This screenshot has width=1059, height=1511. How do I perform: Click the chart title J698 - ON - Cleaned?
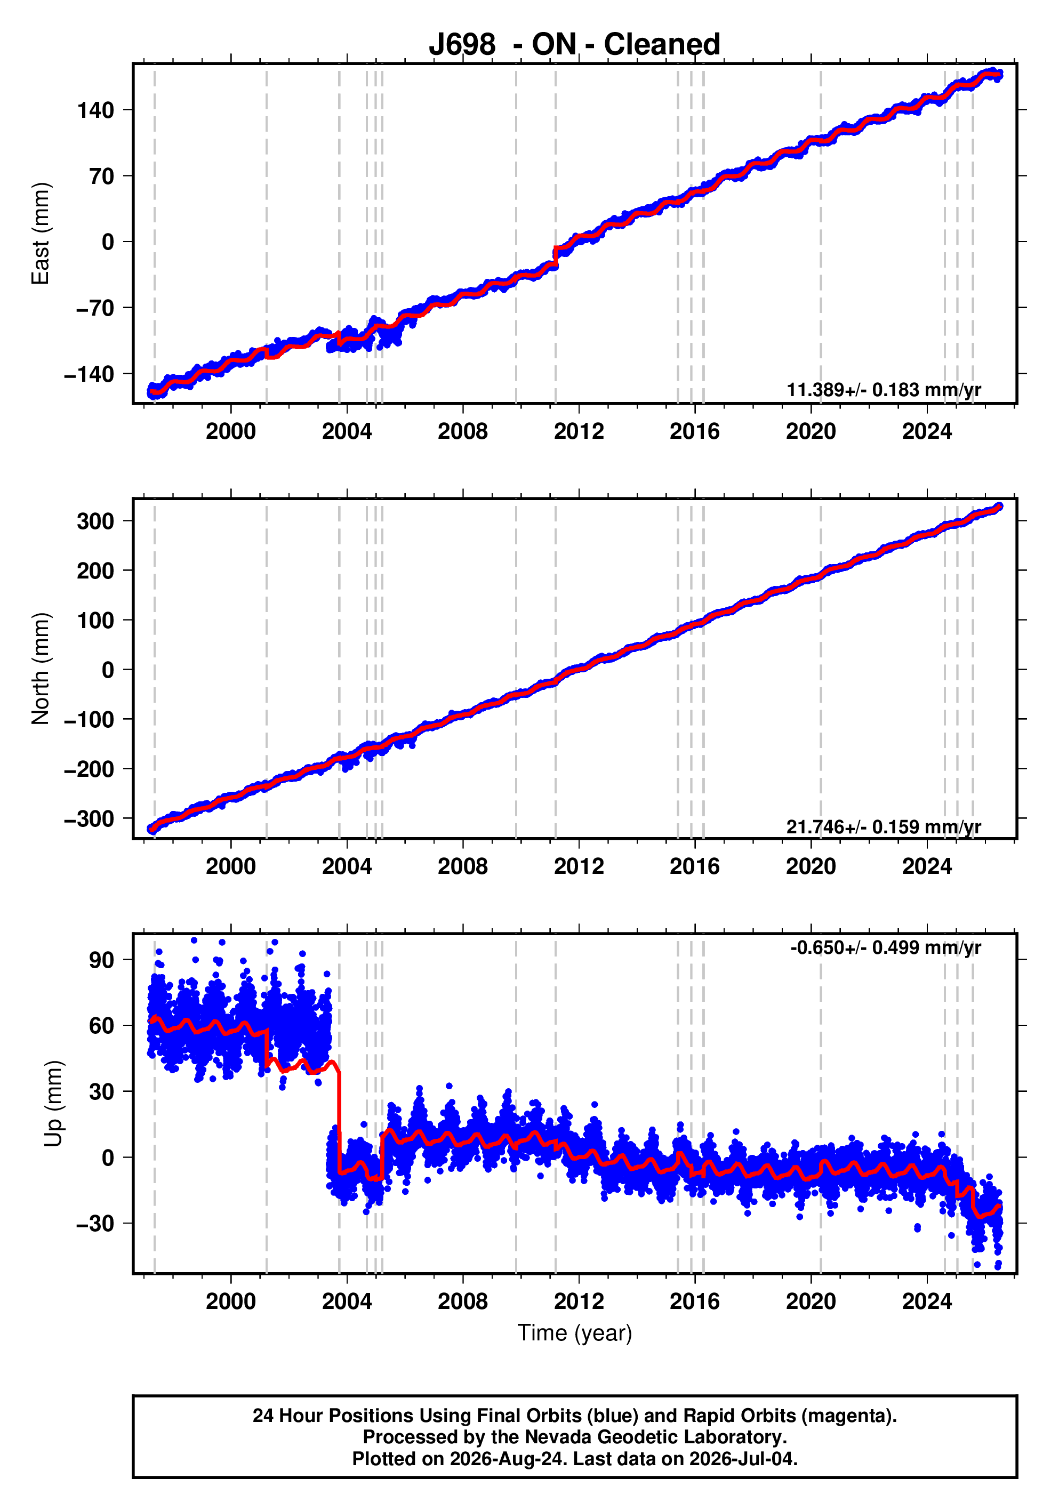(575, 45)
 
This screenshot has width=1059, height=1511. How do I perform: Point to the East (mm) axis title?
(40, 234)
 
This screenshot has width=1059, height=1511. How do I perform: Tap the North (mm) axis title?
(40, 669)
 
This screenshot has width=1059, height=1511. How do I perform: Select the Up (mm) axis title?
(53, 1104)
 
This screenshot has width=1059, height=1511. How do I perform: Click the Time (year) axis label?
(575, 1333)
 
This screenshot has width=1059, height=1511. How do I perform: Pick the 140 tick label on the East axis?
(95, 110)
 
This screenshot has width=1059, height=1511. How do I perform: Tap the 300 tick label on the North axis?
(95, 521)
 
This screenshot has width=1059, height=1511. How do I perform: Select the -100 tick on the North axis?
(89, 719)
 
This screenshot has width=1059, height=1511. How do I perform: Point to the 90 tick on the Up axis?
(102, 960)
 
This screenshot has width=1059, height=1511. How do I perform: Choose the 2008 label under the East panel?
(463, 432)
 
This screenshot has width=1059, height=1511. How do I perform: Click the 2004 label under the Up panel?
(347, 1301)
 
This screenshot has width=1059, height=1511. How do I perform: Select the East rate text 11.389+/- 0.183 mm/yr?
(884, 390)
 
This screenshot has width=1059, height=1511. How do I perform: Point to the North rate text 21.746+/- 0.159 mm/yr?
(884, 826)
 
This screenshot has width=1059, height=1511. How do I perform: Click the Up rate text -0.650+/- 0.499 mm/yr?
(886, 947)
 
